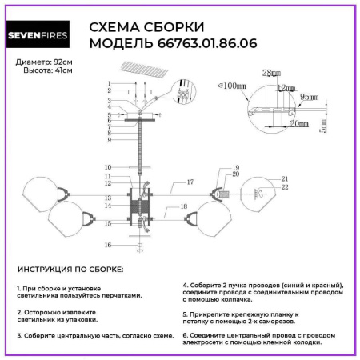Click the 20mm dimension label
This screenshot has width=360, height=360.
(299, 125)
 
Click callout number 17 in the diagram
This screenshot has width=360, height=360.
(190, 183)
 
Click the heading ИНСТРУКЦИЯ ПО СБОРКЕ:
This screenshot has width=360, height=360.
(70, 271)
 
